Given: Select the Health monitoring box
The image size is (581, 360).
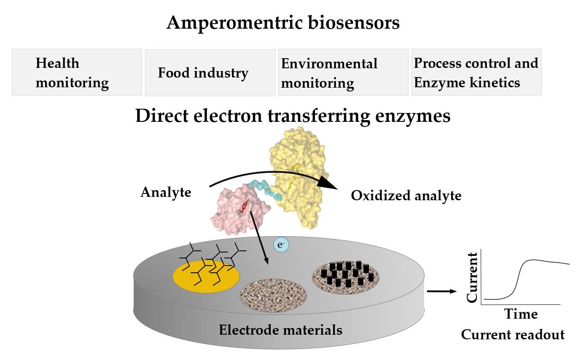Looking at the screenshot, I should [x=77, y=73].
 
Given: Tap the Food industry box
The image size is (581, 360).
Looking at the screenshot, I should [x=210, y=73].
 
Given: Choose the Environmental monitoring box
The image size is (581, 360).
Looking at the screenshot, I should [x=343, y=73].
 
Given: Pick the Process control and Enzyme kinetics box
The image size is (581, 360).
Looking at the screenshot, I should [x=476, y=73].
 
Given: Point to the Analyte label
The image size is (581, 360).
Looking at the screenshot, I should [x=166, y=192].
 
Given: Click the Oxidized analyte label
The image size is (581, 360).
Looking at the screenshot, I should [x=406, y=196].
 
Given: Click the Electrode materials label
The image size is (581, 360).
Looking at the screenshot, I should [x=280, y=330].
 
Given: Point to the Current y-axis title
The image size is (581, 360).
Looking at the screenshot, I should [x=473, y=277].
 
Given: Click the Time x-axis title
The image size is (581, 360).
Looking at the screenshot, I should [x=521, y=314].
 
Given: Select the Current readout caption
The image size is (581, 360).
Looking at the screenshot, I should [x=512, y=335].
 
